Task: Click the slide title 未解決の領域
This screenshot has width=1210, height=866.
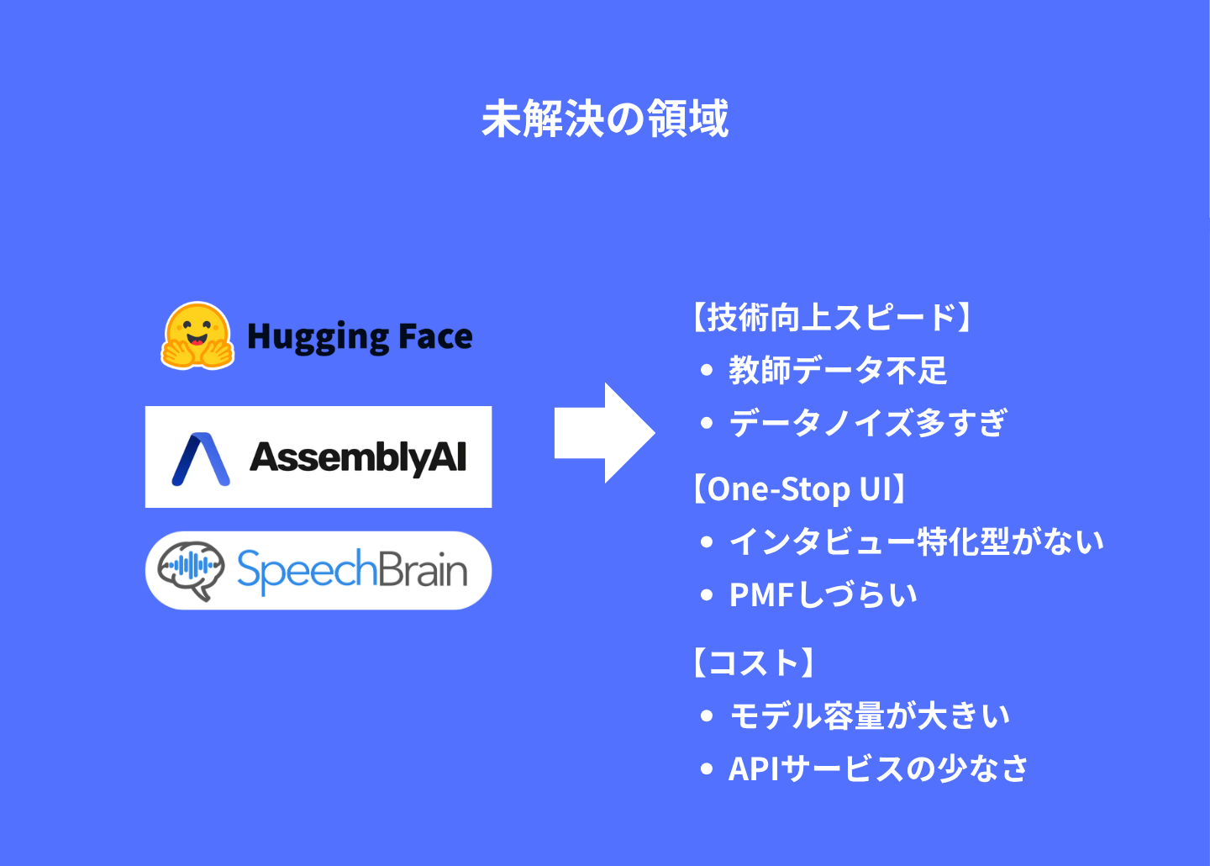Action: coord(605,119)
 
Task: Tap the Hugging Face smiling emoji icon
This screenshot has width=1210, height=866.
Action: coord(197,335)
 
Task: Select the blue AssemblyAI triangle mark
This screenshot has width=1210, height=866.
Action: coord(201,459)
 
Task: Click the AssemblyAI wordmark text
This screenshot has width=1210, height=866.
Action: coord(358,458)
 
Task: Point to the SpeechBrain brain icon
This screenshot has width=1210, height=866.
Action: coord(191,570)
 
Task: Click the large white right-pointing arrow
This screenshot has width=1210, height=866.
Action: coord(605,432)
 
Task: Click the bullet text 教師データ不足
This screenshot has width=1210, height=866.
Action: coord(838,370)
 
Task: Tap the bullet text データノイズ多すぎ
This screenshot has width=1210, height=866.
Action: coord(868,423)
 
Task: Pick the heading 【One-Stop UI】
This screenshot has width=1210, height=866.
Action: coord(799,488)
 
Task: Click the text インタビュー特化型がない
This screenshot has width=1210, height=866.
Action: coord(917,541)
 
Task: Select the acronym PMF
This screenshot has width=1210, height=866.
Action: coord(761,595)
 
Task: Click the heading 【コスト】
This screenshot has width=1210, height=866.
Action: coord(754,663)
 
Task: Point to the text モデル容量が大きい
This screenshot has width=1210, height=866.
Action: coord(870,716)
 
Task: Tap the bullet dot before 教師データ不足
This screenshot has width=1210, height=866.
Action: coord(706,370)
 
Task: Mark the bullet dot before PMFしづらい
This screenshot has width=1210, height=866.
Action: coord(706,595)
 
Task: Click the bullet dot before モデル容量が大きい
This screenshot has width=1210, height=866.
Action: coord(706,716)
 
